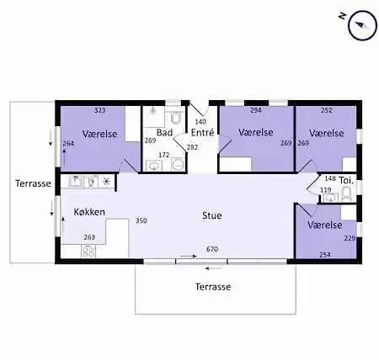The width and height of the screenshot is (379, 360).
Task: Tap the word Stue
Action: pyautogui.click(x=212, y=215)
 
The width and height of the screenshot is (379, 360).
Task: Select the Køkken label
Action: pyautogui.click(x=89, y=212)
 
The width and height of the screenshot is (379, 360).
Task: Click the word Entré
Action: pyautogui.click(x=202, y=132)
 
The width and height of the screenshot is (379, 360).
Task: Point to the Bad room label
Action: pyautogui.click(x=164, y=132)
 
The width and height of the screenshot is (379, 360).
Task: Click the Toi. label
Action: pyautogui.click(x=346, y=180)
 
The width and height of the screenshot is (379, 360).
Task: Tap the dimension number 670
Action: pyautogui.click(x=212, y=249)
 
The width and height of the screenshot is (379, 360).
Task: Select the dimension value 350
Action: pyautogui.click(x=141, y=220)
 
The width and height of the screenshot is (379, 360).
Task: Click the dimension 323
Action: pyautogui.click(x=99, y=110)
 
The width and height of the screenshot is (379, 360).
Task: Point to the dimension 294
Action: pyautogui.click(x=256, y=110)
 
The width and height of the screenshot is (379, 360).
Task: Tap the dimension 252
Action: pyautogui.click(x=327, y=110)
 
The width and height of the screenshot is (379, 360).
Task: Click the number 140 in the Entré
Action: pyautogui.click(x=200, y=121)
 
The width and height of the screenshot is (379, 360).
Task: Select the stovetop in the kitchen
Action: pyautogui.click(x=88, y=251)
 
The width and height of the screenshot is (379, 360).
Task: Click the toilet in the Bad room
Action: pyautogui.click(x=176, y=118)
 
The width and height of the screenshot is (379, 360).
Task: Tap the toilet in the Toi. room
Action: pyautogui.click(x=346, y=194)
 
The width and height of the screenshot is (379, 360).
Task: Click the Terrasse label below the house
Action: pyautogui.click(x=213, y=287)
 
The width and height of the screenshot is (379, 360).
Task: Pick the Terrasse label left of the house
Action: pyautogui.click(x=33, y=183)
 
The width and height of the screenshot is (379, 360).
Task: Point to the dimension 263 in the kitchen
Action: pyautogui.click(x=89, y=237)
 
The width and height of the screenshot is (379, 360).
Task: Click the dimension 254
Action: pyautogui.click(x=325, y=255)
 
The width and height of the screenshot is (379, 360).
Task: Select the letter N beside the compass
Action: pyautogui.click(x=342, y=16)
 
